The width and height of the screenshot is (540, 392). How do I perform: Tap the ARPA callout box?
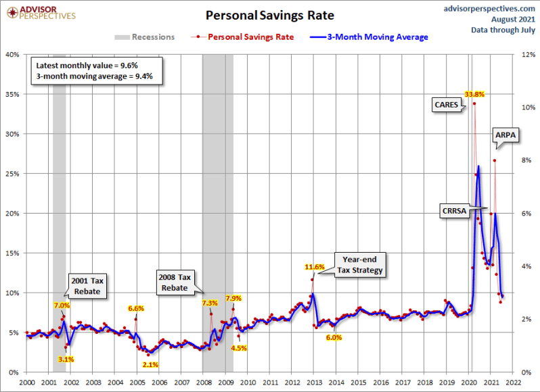pyautogui.click(x=505, y=135)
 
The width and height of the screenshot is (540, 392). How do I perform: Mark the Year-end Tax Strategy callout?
pyautogui.click(x=363, y=265)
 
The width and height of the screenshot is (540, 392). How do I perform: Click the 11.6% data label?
pyautogui.click(x=315, y=266)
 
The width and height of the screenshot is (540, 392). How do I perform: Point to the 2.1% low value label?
pyautogui.click(x=151, y=364)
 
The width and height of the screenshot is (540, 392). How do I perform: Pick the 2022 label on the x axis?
pyautogui.click(x=512, y=382)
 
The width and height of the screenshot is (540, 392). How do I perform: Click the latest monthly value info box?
pyautogui.click(x=97, y=71)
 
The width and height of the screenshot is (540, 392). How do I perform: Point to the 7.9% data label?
pyautogui.click(x=233, y=298)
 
